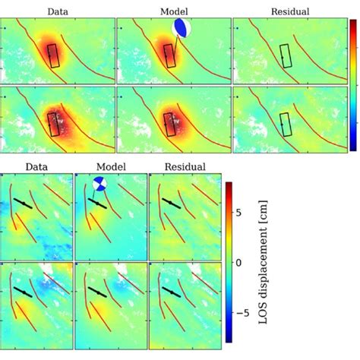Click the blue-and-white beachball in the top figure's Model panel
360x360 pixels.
point(182,29)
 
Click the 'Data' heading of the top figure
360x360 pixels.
point(55,11)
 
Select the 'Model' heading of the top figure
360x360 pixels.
point(174,11)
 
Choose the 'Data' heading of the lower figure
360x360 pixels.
point(36,166)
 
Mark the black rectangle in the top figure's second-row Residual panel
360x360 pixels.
point(285,124)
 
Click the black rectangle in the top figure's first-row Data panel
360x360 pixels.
point(53,55)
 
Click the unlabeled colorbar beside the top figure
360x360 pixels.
point(353,84)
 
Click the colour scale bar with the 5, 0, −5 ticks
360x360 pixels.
point(227,262)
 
